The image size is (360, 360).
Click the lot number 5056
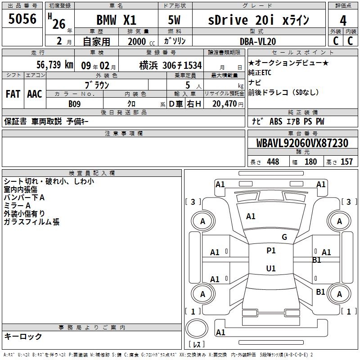point(22,19)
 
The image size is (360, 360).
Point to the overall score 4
point(343,20)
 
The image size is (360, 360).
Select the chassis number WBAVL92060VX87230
point(302,144)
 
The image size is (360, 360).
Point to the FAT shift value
point(13,94)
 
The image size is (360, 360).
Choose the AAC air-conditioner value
point(35,94)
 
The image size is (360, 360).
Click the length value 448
point(273,162)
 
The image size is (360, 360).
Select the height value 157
point(346,162)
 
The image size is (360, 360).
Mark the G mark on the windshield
point(284,237)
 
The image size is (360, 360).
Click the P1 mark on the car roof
point(271,251)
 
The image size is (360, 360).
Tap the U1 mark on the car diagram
point(271,269)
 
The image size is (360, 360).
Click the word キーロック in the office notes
point(23,337)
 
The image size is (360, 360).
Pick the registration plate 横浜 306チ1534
point(171,65)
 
